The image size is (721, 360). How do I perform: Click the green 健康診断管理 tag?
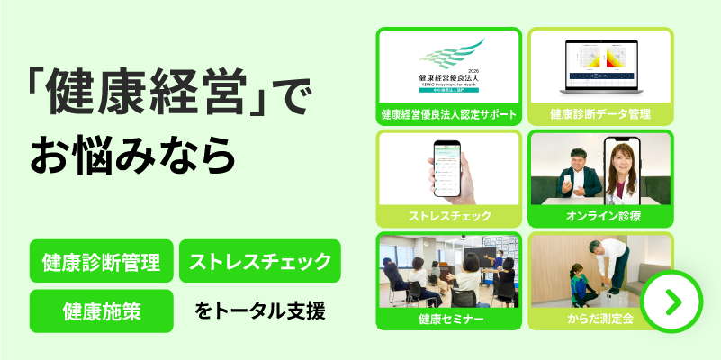pos(101,263)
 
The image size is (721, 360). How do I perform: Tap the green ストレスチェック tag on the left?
pos(260,262)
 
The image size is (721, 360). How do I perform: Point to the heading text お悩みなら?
pos(133,154)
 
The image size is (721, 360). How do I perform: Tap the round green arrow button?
pos(671,301)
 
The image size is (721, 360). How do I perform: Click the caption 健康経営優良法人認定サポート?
pos(449,114)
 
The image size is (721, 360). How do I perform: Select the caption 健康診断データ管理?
pos(600,114)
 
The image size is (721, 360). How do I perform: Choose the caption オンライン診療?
pos(600,217)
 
